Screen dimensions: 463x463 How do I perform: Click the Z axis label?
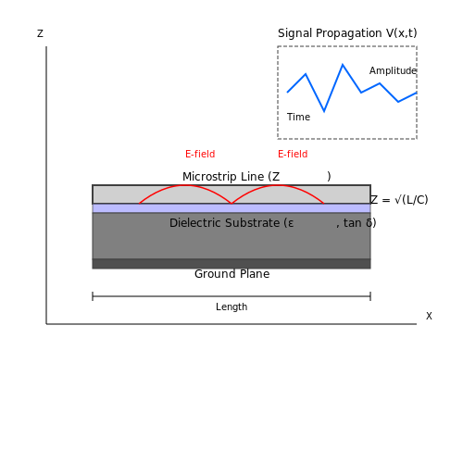[40, 33]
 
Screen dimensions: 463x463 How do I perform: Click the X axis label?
[429, 316]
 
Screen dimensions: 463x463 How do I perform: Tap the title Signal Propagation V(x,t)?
[347, 33]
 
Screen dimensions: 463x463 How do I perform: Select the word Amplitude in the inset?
[393, 70]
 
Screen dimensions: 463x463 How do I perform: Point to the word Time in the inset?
[298, 117]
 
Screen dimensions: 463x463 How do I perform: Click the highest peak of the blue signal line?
[343, 65]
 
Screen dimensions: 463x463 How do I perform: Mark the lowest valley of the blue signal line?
[324, 111]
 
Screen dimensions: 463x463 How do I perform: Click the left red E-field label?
[200, 154]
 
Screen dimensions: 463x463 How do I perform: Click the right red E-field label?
[293, 154]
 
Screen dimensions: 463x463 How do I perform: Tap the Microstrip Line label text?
[231, 177]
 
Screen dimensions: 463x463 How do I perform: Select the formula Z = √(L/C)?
[399, 200]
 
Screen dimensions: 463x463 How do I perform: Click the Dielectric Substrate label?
[231, 223]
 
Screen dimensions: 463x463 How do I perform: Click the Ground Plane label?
[231, 274]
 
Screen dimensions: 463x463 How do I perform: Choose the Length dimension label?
[231, 307]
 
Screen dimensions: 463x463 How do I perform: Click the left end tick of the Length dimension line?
[93, 296]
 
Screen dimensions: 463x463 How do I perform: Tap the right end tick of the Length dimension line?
[370, 296]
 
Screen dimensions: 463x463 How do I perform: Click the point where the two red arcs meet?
[231, 204]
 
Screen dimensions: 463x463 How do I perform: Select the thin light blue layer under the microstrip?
[231, 208]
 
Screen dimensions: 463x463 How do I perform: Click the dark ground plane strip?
[231, 264]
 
